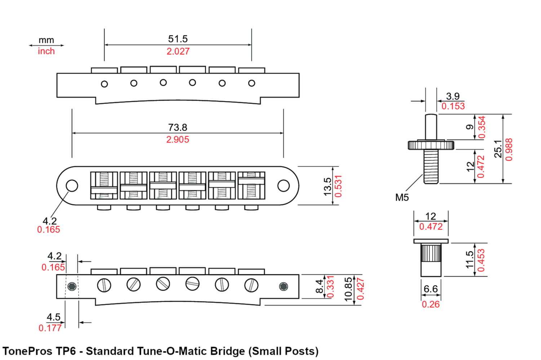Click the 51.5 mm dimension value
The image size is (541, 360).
178,39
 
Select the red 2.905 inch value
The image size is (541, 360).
177,140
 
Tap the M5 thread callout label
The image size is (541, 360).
402,198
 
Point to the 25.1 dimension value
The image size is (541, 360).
498,148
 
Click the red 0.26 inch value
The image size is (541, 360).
431,305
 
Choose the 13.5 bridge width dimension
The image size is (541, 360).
327,186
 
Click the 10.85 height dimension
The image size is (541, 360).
348,289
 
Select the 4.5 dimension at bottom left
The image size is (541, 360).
53,317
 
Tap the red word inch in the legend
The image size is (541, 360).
46,51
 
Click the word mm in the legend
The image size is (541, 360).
46,40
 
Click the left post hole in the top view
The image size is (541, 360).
72,186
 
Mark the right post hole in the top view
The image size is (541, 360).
283,186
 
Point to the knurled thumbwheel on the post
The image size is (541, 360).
431,145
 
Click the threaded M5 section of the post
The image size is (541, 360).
431,166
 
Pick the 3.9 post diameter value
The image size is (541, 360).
453,96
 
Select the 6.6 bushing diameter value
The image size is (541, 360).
430,289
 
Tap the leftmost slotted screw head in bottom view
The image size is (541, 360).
104,285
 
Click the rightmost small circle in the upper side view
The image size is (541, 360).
252,83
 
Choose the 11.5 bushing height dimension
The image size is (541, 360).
469,260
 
